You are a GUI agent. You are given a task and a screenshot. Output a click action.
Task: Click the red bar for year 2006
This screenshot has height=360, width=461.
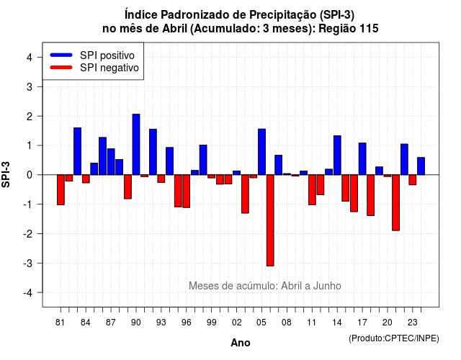270,220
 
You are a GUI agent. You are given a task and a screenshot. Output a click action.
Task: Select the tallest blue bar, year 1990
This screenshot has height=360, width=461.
136,144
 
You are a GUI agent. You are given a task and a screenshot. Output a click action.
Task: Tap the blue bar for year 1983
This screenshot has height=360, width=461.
77,151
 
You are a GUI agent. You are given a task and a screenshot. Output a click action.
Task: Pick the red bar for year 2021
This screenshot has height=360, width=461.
395,203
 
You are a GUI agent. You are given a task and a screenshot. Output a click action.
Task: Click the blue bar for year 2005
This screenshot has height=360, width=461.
261,152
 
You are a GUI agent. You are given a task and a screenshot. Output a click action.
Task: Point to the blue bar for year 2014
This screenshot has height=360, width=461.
337,156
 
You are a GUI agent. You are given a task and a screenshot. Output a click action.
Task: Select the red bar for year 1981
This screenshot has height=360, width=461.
61,190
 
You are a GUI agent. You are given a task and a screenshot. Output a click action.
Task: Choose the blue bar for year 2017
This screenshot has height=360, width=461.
362,158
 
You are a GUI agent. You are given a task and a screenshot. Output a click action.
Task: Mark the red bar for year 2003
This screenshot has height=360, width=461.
245,194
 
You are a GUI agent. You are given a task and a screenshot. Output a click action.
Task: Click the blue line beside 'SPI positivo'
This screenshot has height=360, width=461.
61,55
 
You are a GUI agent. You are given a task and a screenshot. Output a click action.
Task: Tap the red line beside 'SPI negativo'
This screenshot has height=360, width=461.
61,67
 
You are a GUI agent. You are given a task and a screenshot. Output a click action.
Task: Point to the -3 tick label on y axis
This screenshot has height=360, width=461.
29,264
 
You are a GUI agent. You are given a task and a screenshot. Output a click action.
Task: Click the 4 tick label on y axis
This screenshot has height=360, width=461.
30,58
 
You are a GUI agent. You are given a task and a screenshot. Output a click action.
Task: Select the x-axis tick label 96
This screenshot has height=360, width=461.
186,323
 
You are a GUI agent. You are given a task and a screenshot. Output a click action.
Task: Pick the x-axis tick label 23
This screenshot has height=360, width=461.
413,323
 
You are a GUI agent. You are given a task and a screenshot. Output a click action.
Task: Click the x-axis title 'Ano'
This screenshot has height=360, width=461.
241,343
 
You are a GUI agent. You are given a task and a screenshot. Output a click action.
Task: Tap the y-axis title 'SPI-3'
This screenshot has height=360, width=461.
6,174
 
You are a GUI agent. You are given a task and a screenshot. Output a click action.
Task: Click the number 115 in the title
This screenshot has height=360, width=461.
369,29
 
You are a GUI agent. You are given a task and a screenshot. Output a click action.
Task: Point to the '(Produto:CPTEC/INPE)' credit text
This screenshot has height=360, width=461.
394,338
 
